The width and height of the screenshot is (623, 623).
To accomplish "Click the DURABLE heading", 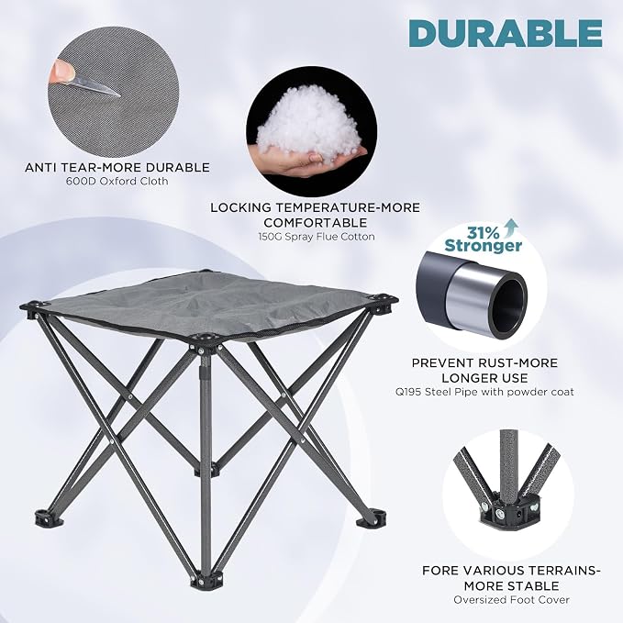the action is (506, 33).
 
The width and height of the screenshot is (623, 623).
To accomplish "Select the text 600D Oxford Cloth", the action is (117, 181).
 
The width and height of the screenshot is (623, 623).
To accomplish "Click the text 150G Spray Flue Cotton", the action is (317, 237).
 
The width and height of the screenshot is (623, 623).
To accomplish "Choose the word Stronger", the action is (484, 245).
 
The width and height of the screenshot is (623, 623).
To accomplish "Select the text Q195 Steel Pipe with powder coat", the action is (484, 392).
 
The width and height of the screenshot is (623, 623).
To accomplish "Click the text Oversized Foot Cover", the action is (512, 600).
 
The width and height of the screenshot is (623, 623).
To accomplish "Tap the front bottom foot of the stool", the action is (203, 580).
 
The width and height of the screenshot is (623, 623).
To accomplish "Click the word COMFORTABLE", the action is (316, 222).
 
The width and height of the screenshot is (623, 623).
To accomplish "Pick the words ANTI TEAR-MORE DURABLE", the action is (117, 167).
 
